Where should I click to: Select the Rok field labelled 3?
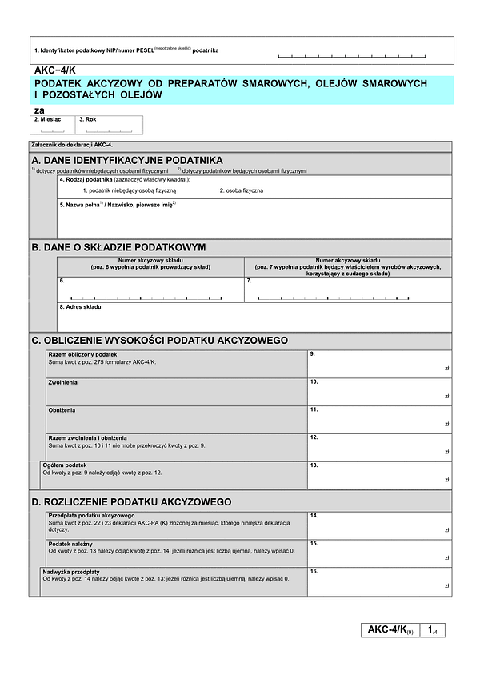pos(110,126)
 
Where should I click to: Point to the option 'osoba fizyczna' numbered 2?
pos(242,190)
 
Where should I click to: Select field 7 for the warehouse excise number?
pos(346,292)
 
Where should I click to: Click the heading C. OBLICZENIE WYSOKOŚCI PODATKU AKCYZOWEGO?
pos(159,341)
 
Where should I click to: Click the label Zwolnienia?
pos(63,382)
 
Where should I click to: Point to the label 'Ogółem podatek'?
pos(65,465)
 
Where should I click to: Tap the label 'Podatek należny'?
pos(70,544)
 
